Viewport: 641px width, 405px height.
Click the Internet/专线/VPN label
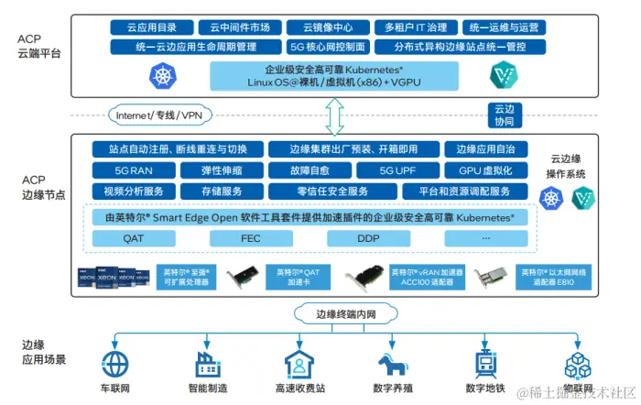point(158,115)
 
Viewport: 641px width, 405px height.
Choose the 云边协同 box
point(505,115)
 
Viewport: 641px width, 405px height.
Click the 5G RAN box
point(128,170)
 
